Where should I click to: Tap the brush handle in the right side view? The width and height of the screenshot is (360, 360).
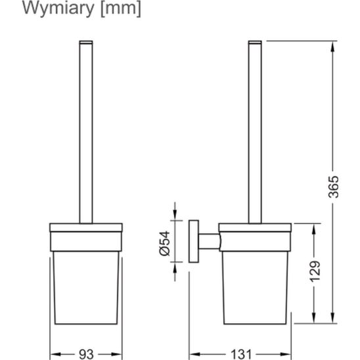[255, 131]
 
